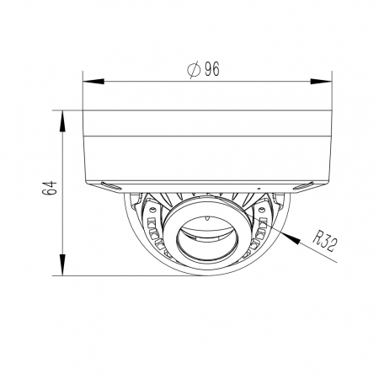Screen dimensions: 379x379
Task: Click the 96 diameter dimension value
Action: click(212, 69)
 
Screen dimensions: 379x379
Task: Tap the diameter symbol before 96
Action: click(194, 69)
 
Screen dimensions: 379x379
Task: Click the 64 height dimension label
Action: click(50, 188)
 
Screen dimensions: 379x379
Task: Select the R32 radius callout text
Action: click(325, 241)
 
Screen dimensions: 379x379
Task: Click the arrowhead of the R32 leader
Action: click(292, 238)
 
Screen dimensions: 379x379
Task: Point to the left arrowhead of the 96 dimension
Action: click(93, 81)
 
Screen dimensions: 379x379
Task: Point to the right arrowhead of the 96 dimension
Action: click(321, 81)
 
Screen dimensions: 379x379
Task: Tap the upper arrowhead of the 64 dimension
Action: click(62, 121)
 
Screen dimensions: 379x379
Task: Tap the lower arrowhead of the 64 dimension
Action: click(62, 264)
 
